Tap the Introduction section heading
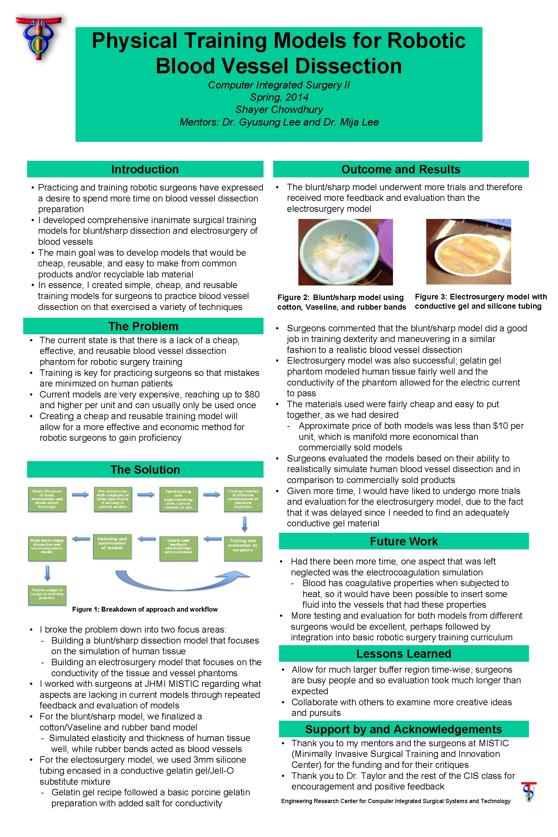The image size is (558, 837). click(x=145, y=170)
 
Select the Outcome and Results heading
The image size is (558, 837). click(x=401, y=170)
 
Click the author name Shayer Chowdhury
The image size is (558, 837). click(x=279, y=109)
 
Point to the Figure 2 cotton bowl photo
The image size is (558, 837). click(x=345, y=252)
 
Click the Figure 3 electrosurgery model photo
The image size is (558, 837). click(x=468, y=252)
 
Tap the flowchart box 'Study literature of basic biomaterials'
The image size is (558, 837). click(x=47, y=499)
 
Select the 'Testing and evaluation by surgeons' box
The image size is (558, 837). click(x=243, y=548)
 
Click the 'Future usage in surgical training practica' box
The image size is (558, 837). click(x=47, y=595)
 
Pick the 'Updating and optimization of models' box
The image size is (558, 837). click(x=112, y=546)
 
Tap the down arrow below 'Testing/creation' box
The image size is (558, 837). click(x=244, y=524)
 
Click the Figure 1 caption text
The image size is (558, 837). click(x=145, y=609)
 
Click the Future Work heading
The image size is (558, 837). click(x=404, y=541)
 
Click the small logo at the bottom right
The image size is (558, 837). click(x=529, y=792)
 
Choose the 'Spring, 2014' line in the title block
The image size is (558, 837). click(x=279, y=97)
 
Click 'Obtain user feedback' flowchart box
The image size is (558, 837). click(x=178, y=548)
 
